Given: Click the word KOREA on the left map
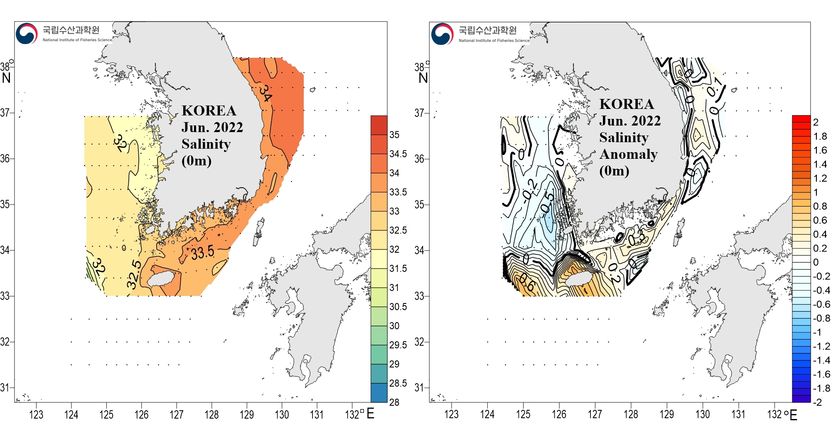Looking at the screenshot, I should point(209,111).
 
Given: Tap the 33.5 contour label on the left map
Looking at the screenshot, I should point(203,252).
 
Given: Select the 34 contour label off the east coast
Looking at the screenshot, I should point(265,93).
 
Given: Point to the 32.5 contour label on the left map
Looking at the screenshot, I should point(134,275).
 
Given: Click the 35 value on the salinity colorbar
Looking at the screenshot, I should point(394,135).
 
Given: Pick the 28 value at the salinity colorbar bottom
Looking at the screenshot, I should point(394,402).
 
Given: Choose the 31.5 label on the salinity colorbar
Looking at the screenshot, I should point(398,269).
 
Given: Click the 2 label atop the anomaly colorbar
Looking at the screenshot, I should point(816,122).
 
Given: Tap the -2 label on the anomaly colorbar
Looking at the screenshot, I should point(817,402).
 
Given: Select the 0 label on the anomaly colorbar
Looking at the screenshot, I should point(816,262).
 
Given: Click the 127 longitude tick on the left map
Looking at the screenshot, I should point(177,414).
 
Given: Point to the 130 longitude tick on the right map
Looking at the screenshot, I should point(703,414).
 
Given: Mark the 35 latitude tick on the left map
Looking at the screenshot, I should point(5,205).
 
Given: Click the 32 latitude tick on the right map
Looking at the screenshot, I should point(419,342).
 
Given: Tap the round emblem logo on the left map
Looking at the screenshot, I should point(27,34).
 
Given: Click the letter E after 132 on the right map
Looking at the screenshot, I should point(793,415).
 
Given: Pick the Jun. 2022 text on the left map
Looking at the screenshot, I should point(212,128).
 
